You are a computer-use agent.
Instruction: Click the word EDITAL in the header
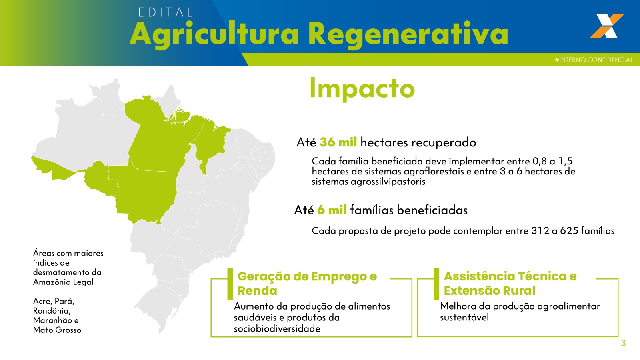[x=166, y=12]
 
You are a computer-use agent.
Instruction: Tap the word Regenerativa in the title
[x=408, y=34]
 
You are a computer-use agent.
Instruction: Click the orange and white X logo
[x=606, y=26]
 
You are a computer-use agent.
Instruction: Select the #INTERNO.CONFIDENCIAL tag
[x=594, y=60]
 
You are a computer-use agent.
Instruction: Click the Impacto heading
[x=362, y=88]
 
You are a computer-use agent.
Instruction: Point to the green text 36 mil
[x=338, y=142]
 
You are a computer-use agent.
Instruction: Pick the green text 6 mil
[x=332, y=210]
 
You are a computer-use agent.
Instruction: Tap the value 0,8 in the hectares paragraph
[x=540, y=161]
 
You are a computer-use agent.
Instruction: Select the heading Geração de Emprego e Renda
[x=307, y=283]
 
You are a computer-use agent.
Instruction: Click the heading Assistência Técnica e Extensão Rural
[x=510, y=283]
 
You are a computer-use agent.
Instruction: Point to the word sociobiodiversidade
[x=277, y=329]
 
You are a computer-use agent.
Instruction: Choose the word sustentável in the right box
[x=464, y=318]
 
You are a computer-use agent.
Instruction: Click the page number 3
[x=623, y=343]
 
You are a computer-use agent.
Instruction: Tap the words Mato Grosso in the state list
[x=57, y=330]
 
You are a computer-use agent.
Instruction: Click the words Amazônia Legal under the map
[x=63, y=282]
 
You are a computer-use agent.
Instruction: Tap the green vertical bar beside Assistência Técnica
[x=436, y=284]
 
